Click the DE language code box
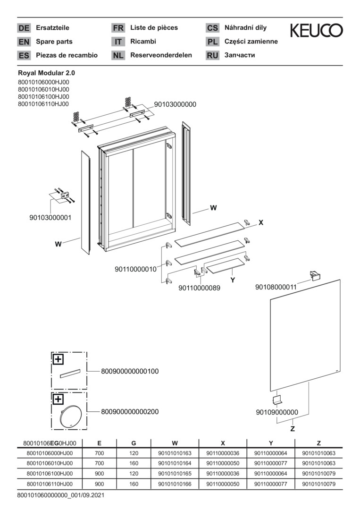(24, 28)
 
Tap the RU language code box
(212, 55)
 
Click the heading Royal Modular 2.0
(46, 73)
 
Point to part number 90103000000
(175, 104)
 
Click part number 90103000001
(50, 218)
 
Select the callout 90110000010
(135, 269)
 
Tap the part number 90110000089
(199, 288)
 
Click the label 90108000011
(276, 287)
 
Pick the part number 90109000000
(277, 412)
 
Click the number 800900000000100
(130, 372)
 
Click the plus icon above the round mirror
(58, 399)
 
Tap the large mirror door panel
(304, 335)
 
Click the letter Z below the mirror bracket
(293, 429)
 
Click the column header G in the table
(134, 443)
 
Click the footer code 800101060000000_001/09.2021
(60, 495)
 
